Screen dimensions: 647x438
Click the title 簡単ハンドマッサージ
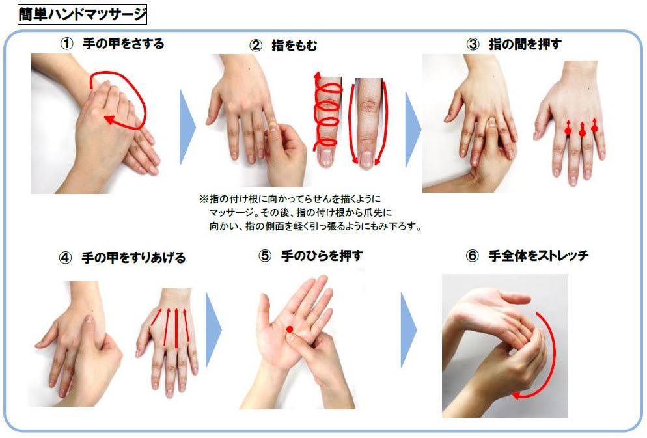(x=83, y=14)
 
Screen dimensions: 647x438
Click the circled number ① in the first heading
(x=67, y=44)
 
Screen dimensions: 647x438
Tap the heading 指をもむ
(x=294, y=46)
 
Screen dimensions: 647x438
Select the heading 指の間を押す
(x=525, y=44)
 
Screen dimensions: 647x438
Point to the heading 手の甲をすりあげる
(x=133, y=258)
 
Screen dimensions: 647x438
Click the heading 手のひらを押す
(x=322, y=256)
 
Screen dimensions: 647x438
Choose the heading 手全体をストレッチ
(x=538, y=256)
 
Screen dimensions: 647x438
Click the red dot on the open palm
(x=290, y=329)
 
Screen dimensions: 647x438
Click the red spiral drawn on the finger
(x=327, y=112)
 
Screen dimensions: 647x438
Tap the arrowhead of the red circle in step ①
(x=109, y=120)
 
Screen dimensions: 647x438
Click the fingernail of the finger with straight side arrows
(x=366, y=159)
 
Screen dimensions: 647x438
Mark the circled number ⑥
(x=472, y=256)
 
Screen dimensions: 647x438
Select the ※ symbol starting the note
(x=204, y=199)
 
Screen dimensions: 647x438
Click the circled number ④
(x=66, y=258)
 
